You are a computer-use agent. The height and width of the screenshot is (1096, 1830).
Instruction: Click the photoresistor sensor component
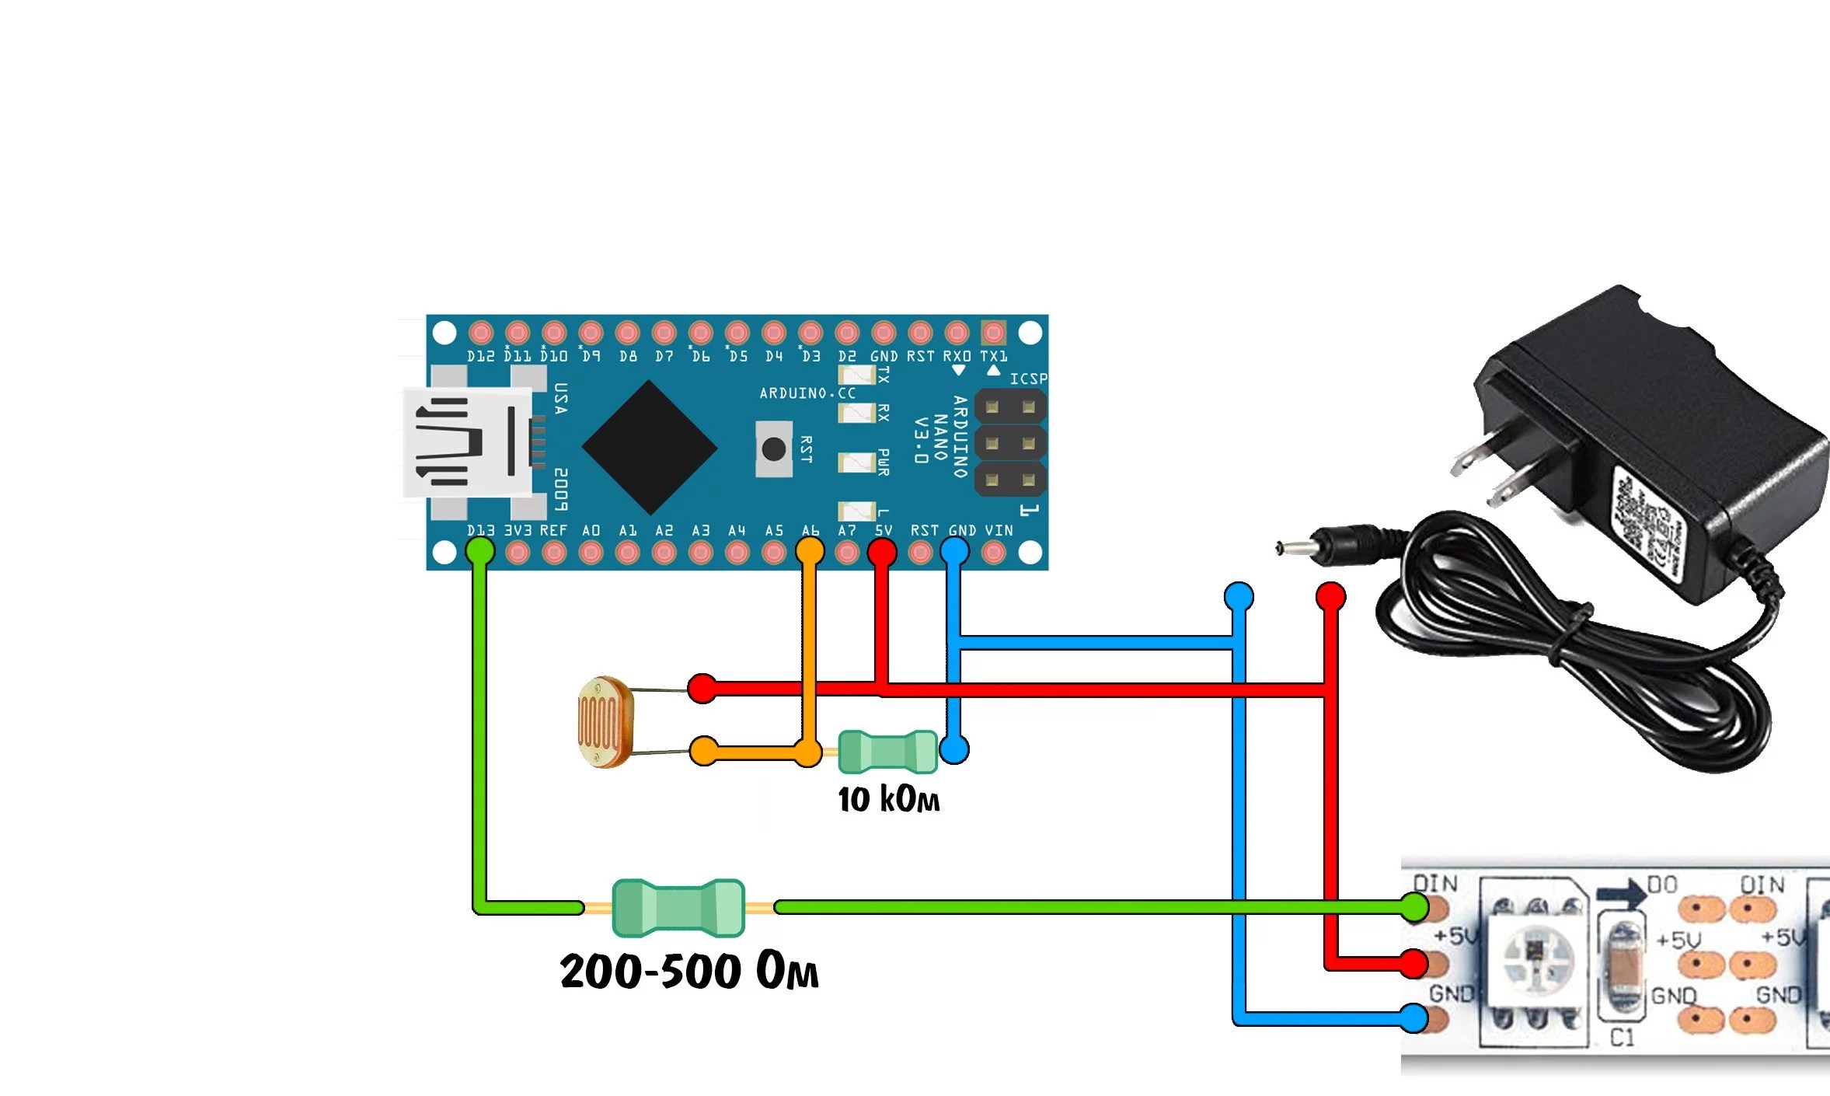[x=605, y=721]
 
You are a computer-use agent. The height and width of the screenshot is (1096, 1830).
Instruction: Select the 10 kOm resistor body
[x=887, y=752]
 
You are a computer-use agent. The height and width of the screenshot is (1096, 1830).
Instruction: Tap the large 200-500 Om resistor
[x=678, y=907]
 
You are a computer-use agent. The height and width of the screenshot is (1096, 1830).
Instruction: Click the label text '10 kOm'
[x=888, y=800]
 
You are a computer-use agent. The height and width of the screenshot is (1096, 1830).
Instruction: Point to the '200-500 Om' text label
[x=688, y=971]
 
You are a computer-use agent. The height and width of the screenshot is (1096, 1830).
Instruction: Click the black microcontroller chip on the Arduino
[x=649, y=447]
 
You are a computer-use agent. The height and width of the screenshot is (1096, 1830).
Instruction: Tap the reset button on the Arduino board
[x=774, y=449]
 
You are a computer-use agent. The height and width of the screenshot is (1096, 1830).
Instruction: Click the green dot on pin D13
[x=479, y=552]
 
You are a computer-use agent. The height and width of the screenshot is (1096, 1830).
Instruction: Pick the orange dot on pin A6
[x=810, y=552]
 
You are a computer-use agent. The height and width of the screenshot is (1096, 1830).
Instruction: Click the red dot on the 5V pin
[x=882, y=552]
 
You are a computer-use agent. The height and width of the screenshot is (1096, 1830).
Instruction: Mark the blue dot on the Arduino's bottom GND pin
[x=954, y=552]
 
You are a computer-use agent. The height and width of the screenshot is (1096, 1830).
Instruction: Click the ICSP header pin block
[x=1010, y=443]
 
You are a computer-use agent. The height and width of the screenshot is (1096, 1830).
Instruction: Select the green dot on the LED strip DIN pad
[x=1414, y=906]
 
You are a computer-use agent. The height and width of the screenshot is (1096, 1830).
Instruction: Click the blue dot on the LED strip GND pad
[x=1414, y=1017]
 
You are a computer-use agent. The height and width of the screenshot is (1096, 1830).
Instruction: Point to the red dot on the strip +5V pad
[x=1414, y=964]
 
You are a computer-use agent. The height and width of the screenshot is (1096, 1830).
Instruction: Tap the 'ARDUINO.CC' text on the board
[x=807, y=394]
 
